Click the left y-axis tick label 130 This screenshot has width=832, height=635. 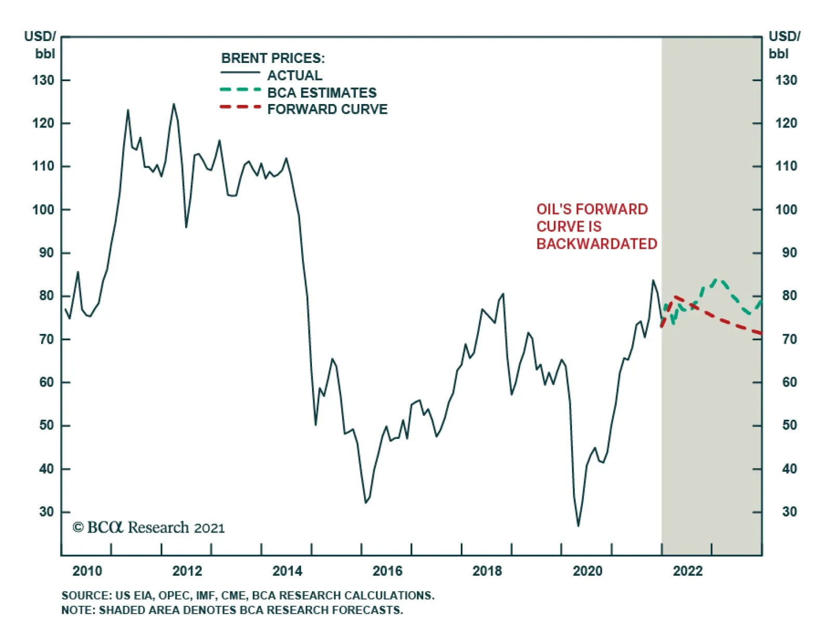click(43, 81)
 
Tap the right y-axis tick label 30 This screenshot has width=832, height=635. click(789, 512)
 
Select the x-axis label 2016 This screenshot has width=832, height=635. click(387, 571)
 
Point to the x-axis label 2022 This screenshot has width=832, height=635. click(687, 571)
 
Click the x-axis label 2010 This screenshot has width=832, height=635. click(87, 571)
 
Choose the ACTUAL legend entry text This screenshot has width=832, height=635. click(294, 75)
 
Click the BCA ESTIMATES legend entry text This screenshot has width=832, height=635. click(321, 93)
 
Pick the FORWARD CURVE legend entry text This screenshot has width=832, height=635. click(327, 109)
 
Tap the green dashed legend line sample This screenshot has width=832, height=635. click(240, 89)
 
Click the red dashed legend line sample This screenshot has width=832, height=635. click(240, 107)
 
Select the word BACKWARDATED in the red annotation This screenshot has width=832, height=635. click(596, 244)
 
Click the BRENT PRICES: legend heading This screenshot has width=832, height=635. click(272, 58)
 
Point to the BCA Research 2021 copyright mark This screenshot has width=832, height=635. click(149, 527)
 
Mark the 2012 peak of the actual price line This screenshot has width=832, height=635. click(174, 104)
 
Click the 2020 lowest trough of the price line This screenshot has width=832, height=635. click(578, 526)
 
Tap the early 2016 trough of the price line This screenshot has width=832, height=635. click(366, 502)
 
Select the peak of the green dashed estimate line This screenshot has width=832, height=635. click(718, 280)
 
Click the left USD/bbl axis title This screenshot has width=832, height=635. click(40, 45)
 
